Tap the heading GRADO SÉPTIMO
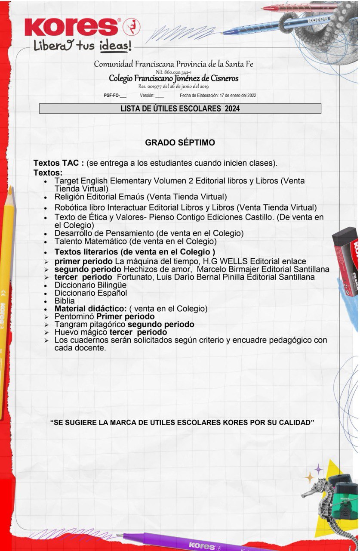[180, 142]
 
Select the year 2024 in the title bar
[232, 108]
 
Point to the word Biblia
[65, 301]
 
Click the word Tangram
[69, 324]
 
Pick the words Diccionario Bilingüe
[90, 285]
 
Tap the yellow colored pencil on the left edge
[6, 301]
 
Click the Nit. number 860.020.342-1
[173, 72]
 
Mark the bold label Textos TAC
[58, 164]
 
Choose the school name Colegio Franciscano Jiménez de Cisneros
[173, 79]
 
